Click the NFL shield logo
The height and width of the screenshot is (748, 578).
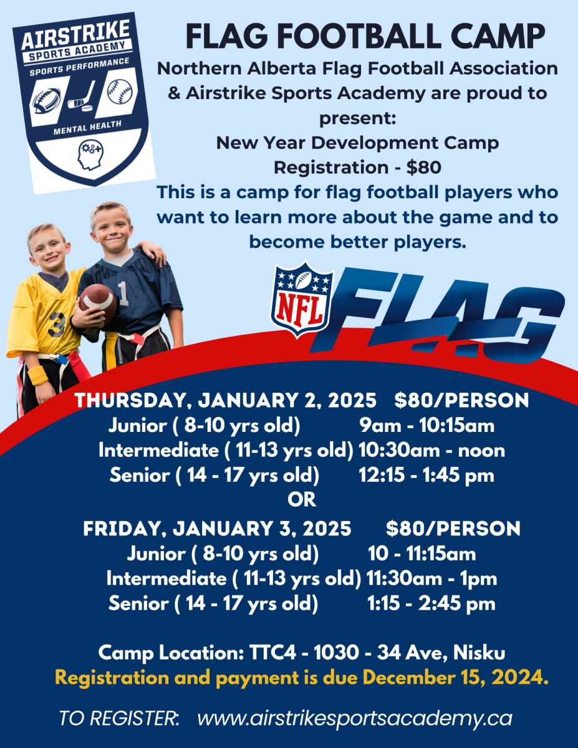pos(302,299)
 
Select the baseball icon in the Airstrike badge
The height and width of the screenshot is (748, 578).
pos(120,92)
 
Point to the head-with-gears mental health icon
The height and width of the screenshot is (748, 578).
pos(90,155)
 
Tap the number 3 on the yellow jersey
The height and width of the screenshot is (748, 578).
pos(55,324)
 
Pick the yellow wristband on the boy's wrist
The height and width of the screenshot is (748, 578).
pos(38,375)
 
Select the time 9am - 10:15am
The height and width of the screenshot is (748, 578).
pos(427,426)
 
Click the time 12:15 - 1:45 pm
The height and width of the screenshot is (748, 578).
pos(426,476)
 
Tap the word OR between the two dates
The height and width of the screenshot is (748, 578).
pos(302,500)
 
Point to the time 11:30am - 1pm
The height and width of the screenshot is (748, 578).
pos(431,578)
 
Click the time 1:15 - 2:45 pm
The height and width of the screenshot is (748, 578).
pos(431,603)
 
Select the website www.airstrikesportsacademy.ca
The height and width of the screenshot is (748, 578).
pos(355,719)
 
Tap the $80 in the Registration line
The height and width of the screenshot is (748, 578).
pos(424,168)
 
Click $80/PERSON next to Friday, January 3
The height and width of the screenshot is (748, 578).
pos(453,529)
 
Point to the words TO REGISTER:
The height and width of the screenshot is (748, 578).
pos(119,719)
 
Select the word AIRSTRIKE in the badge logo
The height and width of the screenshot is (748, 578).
pos(75,34)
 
